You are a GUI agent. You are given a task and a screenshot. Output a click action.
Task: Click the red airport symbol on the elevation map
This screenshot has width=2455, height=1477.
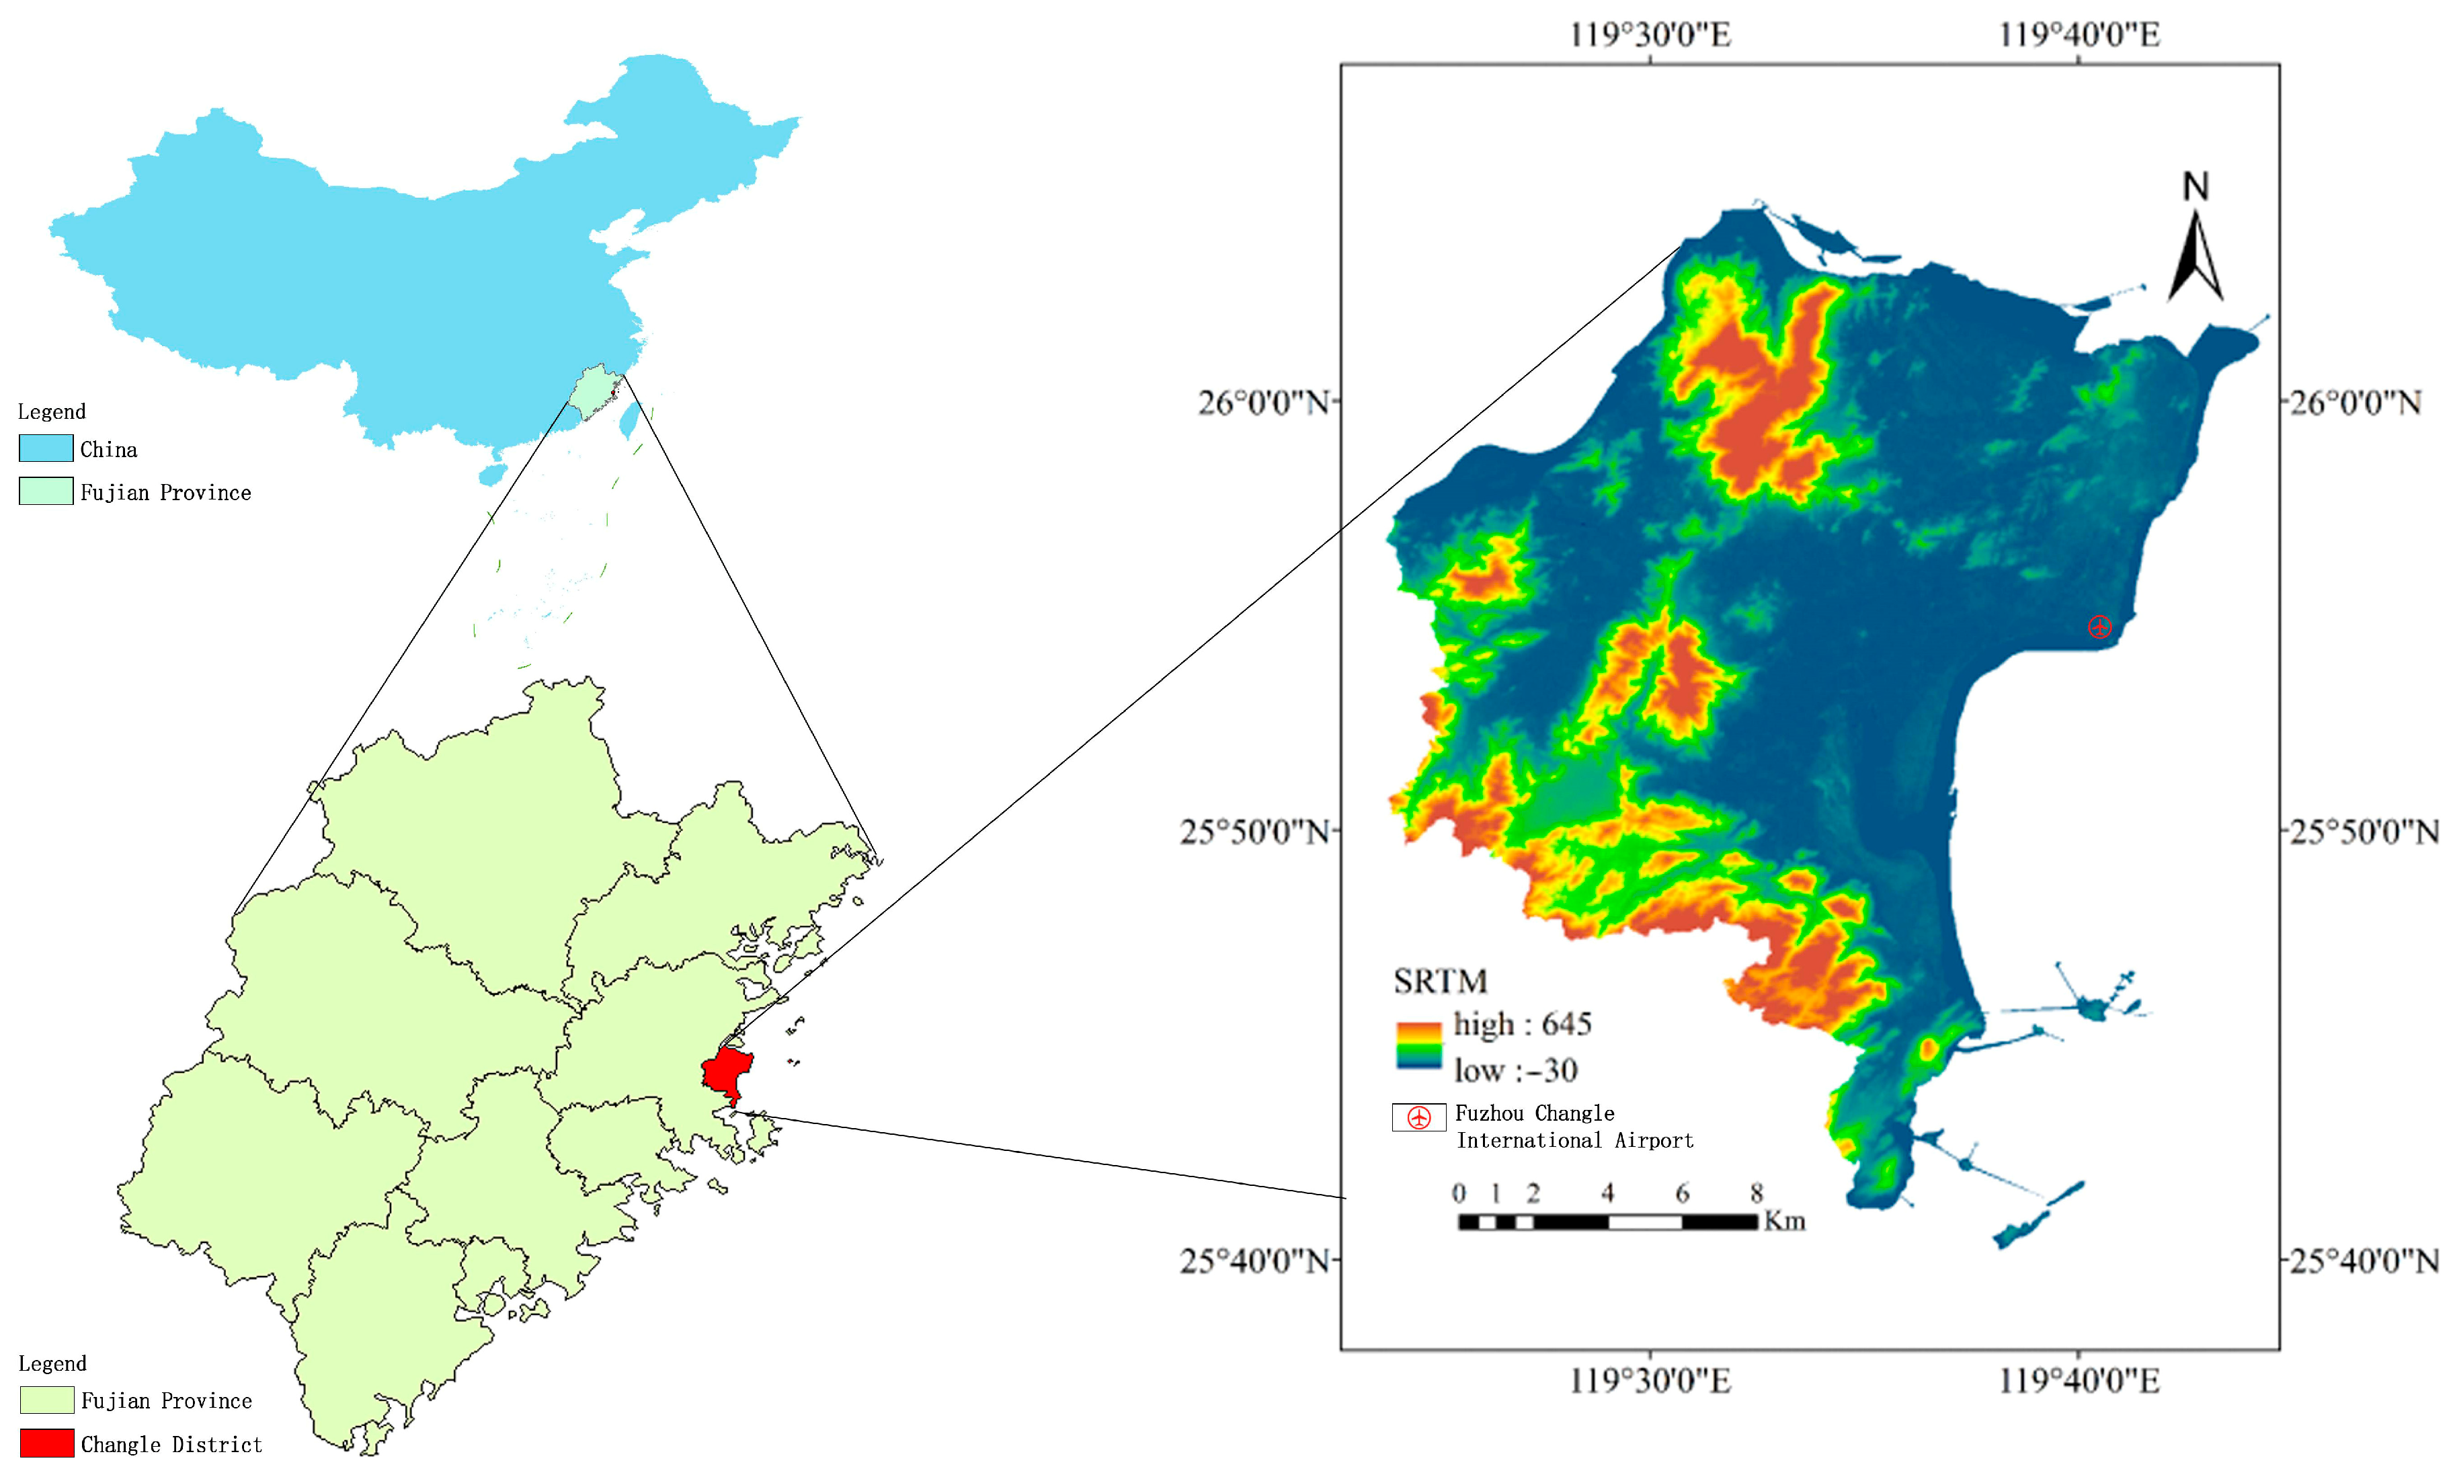[2099, 626]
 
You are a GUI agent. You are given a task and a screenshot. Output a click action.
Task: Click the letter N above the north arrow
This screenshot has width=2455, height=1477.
[2196, 186]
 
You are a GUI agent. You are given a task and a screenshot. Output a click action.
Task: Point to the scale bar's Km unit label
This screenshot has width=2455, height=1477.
[1784, 1222]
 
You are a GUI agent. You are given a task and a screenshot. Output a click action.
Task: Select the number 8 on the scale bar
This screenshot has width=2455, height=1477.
[1757, 1193]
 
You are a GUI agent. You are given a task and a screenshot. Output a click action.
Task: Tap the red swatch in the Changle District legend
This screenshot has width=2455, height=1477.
[47, 1443]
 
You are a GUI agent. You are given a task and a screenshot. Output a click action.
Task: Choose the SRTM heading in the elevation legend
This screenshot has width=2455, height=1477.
[1440, 982]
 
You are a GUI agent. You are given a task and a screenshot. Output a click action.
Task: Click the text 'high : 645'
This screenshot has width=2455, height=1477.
[1523, 1024]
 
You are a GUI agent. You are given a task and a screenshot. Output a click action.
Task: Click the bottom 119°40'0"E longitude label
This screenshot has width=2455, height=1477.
[2079, 1380]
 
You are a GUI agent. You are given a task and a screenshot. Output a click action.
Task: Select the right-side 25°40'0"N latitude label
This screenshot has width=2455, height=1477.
[2364, 1261]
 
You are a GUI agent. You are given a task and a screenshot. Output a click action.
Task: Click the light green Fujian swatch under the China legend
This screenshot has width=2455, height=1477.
[46, 491]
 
